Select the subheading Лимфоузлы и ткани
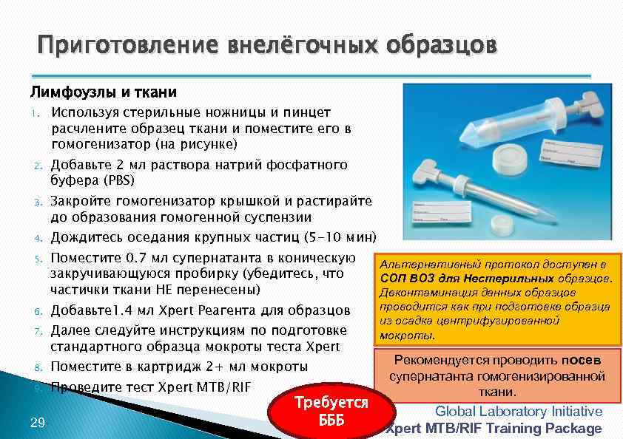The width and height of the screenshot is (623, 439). pos(103,92)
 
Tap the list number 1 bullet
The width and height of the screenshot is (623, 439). pos(34,113)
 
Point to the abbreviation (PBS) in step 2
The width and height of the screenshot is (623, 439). pos(119,180)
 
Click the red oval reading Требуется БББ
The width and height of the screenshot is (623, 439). pos(331,412)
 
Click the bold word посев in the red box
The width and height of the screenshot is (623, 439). pos(581,360)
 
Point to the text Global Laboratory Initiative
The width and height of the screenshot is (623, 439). pos(518,412)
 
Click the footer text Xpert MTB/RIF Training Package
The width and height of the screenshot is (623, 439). pos(494,429)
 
